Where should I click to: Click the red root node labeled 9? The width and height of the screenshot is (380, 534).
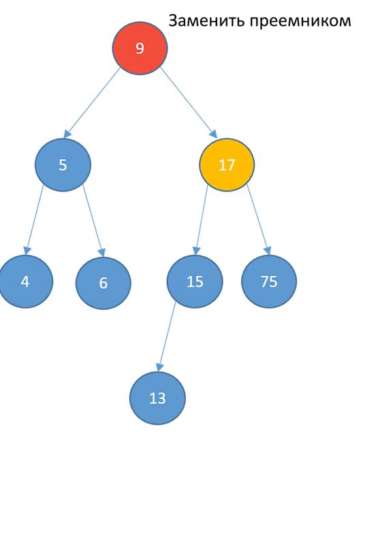click(x=140, y=48)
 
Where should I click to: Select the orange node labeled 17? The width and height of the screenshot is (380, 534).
click(x=227, y=165)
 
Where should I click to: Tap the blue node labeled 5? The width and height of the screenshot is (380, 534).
click(x=63, y=165)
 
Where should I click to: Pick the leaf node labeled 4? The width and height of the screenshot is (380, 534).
click(x=26, y=282)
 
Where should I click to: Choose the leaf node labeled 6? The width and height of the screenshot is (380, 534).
click(x=104, y=283)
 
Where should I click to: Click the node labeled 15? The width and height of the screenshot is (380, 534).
click(x=195, y=282)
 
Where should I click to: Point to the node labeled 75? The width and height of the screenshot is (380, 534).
click(x=269, y=282)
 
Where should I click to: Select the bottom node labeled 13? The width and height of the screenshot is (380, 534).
click(x=157, y=398)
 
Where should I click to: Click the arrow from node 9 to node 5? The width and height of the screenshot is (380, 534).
click(x=92, y=103)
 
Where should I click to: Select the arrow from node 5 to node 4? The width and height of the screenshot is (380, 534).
click(x=34, y=220)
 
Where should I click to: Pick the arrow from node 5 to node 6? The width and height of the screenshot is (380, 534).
click(x=94, y=221)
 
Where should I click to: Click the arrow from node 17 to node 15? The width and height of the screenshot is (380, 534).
click(x=200, y=219)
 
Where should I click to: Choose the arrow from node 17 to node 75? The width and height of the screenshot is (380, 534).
click(x=259, y=219)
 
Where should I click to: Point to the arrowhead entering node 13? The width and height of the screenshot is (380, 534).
click(x=159, y=367)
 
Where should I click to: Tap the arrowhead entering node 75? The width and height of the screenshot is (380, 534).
click(x=268, y=251)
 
